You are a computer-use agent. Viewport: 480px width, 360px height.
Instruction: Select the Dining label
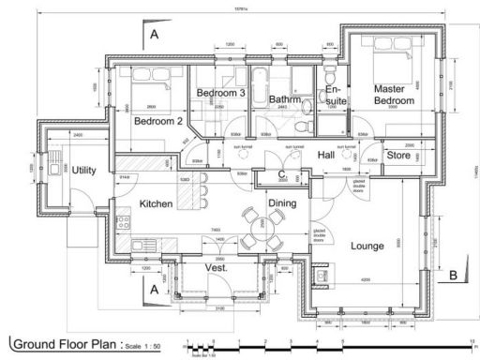282,202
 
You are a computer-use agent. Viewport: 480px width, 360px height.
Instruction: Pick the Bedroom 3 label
220,93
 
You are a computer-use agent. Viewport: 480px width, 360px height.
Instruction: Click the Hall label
326,155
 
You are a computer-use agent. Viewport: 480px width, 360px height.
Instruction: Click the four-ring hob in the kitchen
121,223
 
